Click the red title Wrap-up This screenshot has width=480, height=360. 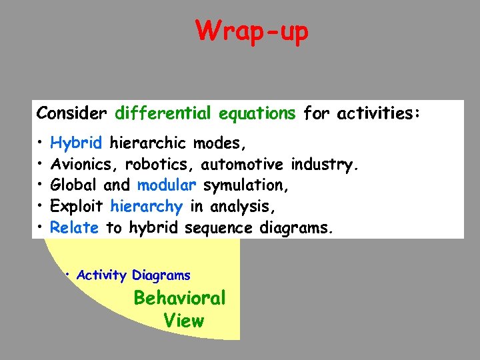tap(252, 31)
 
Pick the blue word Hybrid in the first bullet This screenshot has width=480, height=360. tap(76, 143)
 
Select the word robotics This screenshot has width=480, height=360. tap(152, 164)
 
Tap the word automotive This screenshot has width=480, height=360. tap(245, 164)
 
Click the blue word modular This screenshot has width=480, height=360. tap(167, 185)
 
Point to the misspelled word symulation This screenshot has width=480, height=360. tap(245, 185)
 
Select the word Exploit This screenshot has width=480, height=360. tap(77, 207)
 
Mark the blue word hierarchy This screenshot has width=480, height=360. tap(146, 207)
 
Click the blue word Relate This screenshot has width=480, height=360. tap(74, 228)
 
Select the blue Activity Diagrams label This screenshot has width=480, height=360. tap(133, 275)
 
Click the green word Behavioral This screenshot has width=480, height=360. tap(179, 298)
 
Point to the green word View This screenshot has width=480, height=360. tap(183, 321)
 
